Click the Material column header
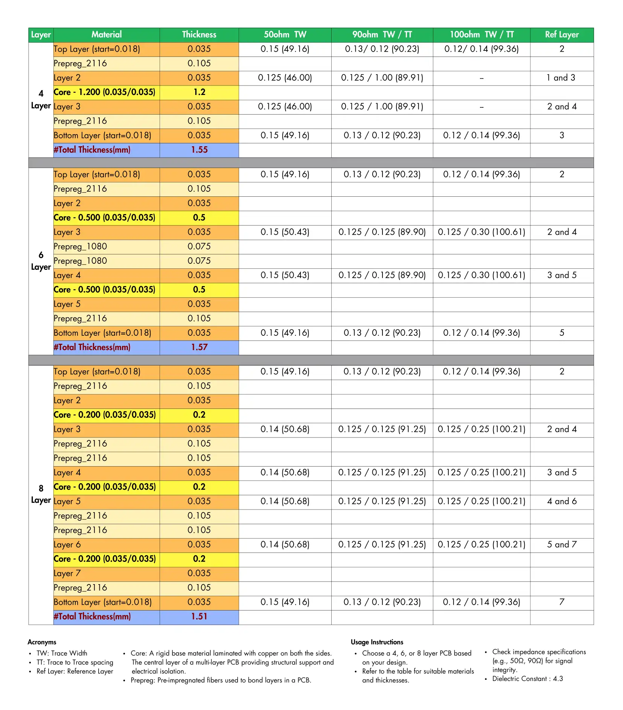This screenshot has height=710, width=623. pos(107,35)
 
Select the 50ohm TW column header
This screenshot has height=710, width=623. pos(285,35)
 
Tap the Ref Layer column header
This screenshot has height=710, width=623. pos(562,35)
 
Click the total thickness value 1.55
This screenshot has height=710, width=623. pos(199,150)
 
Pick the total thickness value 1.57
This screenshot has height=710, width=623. pos(199,347)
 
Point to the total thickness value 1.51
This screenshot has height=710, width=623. pos(199,617)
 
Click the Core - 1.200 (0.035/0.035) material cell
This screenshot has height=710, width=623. pos(105,92)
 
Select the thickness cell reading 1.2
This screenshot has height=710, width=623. pos(199,92)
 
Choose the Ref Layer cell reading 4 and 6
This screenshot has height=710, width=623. pos(562,502)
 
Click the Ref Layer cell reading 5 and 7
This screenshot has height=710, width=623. pos(562,545)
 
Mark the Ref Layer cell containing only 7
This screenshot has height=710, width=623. pos(562,602)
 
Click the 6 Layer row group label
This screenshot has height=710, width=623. pos(41,261)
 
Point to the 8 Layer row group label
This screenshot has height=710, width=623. pos(41,494)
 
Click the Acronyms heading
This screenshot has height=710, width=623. pos(42,642)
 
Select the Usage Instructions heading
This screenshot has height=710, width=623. pos(377,642)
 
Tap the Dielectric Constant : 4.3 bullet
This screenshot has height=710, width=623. pos(527,679)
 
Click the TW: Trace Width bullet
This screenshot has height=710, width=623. pos(62,653)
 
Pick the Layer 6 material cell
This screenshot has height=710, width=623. pos(67,545)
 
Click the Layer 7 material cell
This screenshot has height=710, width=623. pos(67,574)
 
